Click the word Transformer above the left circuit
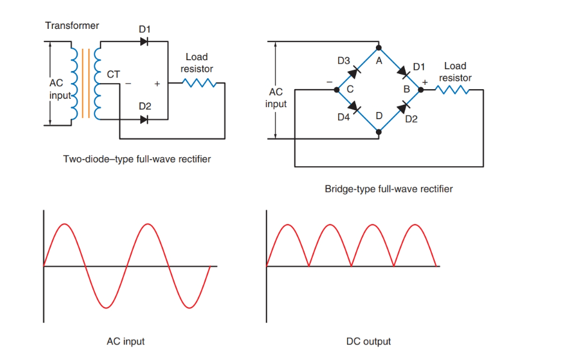click(x=72, y=26)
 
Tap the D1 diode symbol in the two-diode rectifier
click(x=144, y=42)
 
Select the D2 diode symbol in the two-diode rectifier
click(x=144, y=120)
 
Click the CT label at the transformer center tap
click(x=113, y=75)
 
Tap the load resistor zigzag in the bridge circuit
click(x=452, y=90)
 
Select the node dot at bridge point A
click(x=378, y=48)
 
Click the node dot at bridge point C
click(x=337, y=90)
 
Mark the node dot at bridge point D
click(x=378, y=131)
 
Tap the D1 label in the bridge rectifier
click(x=419, y=66)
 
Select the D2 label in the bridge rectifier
click(x=411, y=119)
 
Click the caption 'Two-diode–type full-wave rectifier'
click(x=137, y=160)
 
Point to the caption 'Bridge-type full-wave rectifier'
click(x=389, y=189)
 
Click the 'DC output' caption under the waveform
click(x=368, y=341)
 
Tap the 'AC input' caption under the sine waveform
click(x=125, y=341)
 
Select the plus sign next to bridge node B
click(x=425, y=81)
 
